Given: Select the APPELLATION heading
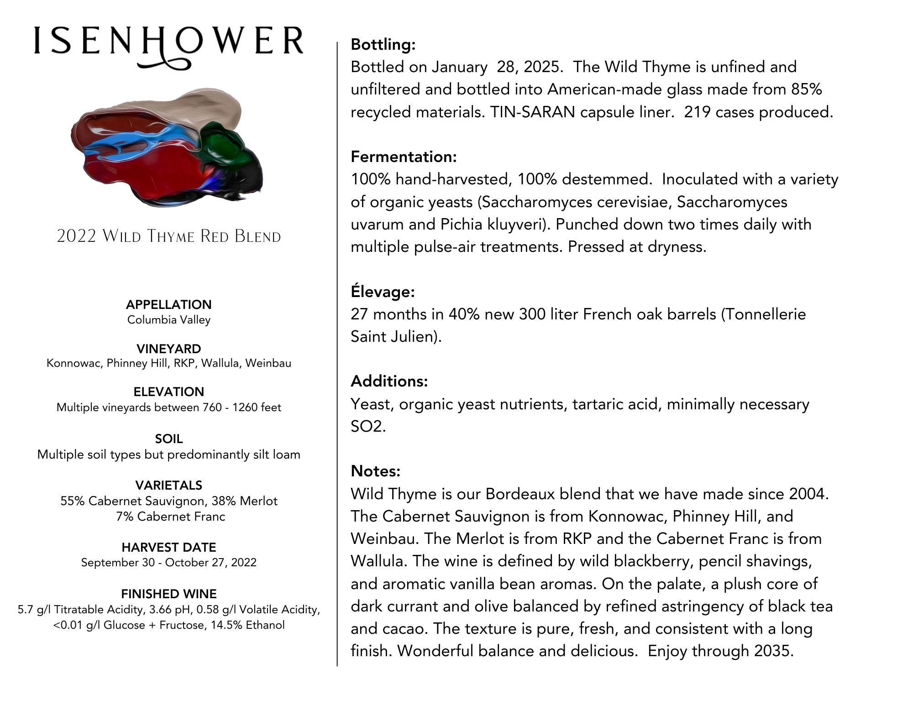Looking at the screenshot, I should tap(168, 304).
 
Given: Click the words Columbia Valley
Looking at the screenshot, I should tap(168, 320).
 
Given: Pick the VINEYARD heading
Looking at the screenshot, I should tap(168, 349).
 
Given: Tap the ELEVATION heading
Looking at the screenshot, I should tap(168, 392).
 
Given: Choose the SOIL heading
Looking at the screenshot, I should tap(168, 439).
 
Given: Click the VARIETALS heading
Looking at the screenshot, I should tap(168, 485).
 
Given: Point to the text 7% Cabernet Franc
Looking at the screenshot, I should tap(170, 517).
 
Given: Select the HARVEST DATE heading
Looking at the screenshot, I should tap(168, 547).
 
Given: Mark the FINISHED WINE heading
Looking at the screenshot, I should tap(168, 594).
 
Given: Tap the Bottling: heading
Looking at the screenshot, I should tap(383, 44).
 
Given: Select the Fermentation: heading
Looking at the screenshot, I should tap(404, 157).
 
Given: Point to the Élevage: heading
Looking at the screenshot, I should tap(383, 291).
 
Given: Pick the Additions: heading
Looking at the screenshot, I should tap(389, 381).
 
